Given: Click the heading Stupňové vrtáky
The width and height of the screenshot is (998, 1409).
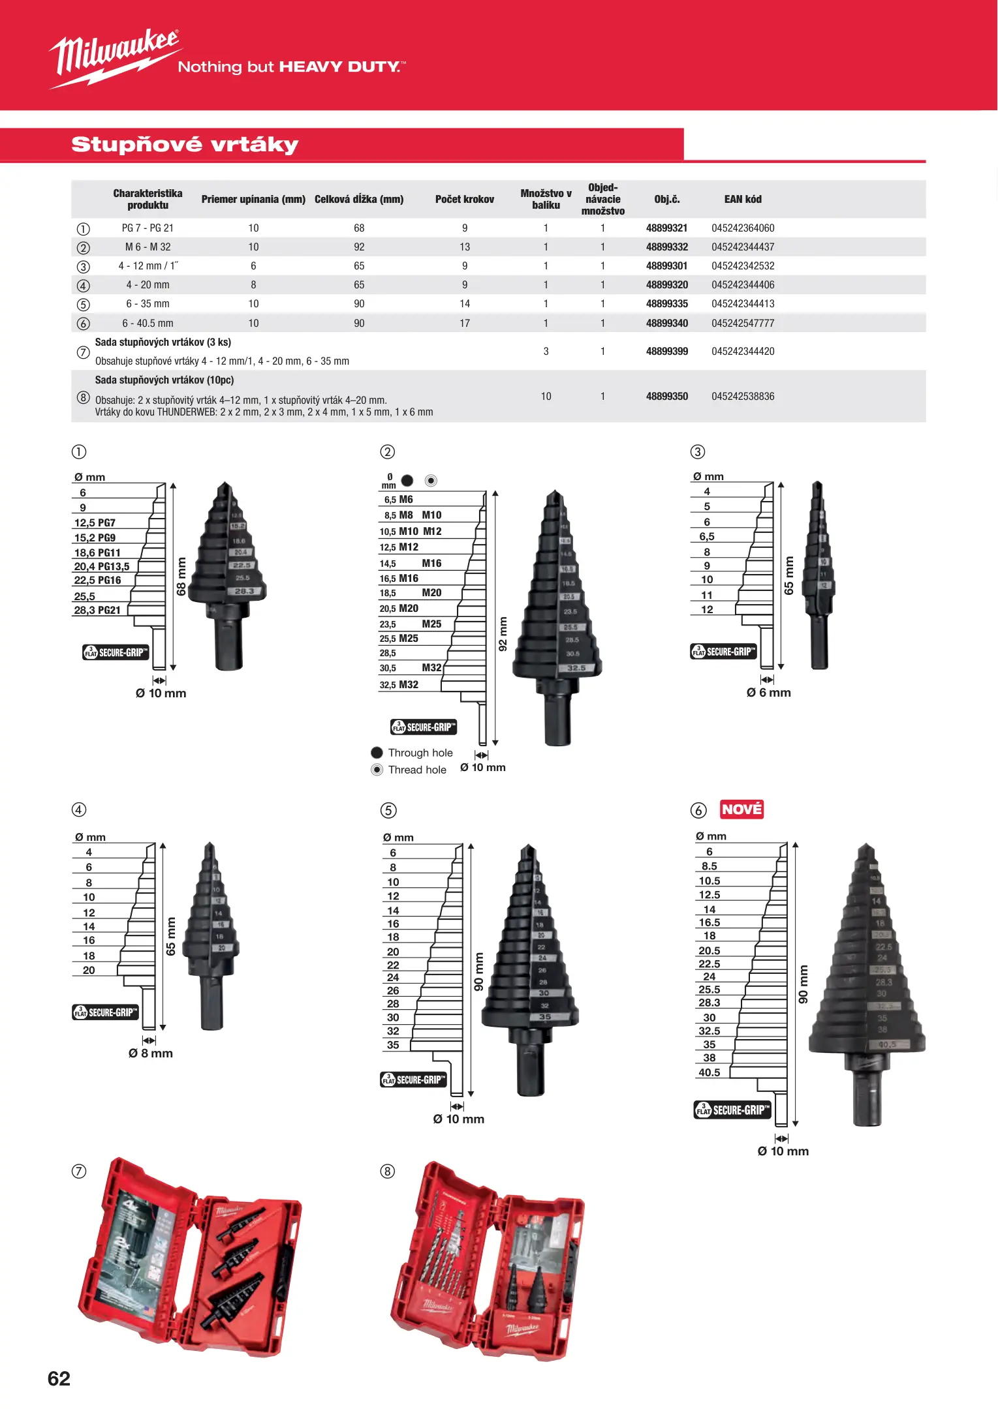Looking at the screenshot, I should [185, 144].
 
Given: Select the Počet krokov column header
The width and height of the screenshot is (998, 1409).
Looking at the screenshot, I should [464, 199].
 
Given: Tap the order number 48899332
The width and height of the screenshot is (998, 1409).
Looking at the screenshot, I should [666, 247].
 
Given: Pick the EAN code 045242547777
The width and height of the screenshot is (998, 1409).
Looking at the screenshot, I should [743, 323].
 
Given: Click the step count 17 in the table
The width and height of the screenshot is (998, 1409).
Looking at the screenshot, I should [464, 323].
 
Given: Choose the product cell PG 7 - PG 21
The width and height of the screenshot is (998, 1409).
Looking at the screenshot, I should [148, 228].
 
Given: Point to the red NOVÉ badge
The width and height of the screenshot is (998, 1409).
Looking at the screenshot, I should [741, 809].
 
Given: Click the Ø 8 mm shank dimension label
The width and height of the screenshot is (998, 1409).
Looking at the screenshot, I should [151, 1053].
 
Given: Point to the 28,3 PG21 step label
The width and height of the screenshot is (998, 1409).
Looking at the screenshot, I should [97, 610].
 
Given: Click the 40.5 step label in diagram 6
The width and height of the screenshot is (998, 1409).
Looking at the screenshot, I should [710, 1072].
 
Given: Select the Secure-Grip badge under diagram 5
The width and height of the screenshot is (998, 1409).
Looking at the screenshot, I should [414, 1080].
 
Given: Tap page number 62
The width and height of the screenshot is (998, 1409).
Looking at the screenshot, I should [59, 1378].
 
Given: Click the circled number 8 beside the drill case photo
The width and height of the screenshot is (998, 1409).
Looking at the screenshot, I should [388, 1171].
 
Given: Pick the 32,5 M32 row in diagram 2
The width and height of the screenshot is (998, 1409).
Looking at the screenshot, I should [399, 684].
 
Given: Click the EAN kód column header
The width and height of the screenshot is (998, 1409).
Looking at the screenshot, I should [743, 199].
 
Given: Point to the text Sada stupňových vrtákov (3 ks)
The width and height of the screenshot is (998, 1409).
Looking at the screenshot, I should [163, 342].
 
